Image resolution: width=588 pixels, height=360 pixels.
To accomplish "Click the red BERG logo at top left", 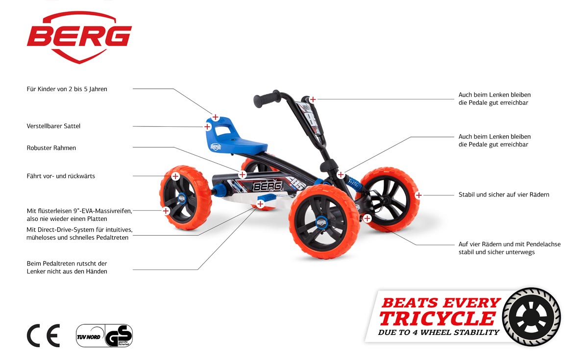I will click(x=79, y=37).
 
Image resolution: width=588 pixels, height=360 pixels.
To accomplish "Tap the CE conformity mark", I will click(x=43, y=336).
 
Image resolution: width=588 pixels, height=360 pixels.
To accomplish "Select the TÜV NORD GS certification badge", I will click(x=104, y=336).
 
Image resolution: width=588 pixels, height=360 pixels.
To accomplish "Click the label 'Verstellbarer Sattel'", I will click(x=53, y=126).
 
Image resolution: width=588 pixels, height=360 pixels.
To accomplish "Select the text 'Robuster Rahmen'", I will click(x=51, y=148).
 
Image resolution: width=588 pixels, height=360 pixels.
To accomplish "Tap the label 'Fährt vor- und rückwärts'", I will click(x=61, y=176).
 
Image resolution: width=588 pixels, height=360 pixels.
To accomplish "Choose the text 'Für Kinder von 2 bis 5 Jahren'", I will click(x=67, y=89).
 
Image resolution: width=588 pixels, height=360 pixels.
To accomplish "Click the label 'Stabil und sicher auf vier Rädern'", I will click(x=504, y=194).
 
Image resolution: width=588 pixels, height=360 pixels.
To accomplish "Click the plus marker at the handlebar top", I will click(x=313, y=99).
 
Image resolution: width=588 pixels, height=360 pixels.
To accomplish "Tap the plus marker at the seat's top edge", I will click(x=215, y=118).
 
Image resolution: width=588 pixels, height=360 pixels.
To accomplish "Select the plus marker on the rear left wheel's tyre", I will click(x=166, y=211).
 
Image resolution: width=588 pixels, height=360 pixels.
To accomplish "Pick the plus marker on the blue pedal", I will click(x=260, y=202).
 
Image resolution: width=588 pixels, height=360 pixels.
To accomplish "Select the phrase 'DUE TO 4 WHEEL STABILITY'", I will click(x=439, y=333).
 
